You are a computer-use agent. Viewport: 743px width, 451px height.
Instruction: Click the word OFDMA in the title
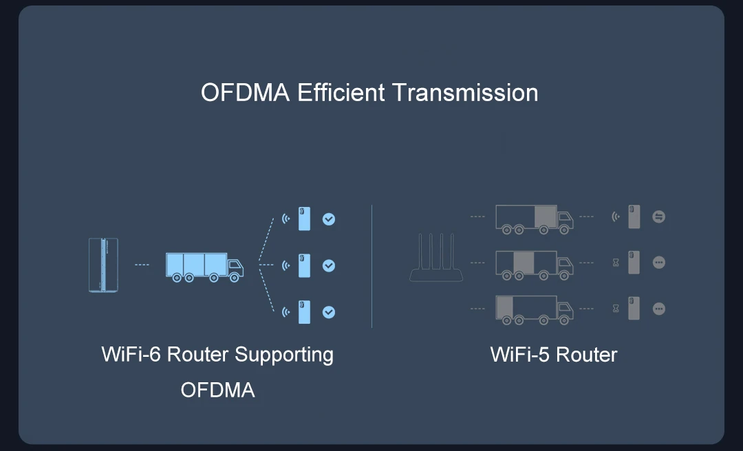(245, 92)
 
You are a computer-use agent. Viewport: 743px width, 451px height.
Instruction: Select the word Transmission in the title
(465, 92)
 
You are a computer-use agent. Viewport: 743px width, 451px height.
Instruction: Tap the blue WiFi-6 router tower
(103, 265)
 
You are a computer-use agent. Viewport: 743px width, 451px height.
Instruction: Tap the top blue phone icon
(304, 219)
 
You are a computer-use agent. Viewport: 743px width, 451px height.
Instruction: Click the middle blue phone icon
(304, 265)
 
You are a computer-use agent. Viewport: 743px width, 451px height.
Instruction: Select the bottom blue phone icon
(304, 311)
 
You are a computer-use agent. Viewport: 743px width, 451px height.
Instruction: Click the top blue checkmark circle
(329, 219)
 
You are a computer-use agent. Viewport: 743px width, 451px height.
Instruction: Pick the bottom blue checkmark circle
(329, 311)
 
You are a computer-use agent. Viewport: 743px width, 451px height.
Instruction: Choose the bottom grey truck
(534, 309)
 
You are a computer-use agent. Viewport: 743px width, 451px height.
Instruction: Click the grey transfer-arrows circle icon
(659, 217)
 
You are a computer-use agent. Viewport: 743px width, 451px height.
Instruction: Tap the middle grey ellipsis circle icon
(659, 263)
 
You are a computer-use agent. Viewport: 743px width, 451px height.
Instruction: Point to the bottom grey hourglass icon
(616, 309)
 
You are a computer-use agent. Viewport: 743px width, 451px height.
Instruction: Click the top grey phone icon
(634, 217)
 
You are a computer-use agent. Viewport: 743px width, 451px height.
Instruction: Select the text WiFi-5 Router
(554, 355)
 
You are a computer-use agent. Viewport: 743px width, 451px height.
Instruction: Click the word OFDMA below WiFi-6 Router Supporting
(217, 390)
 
